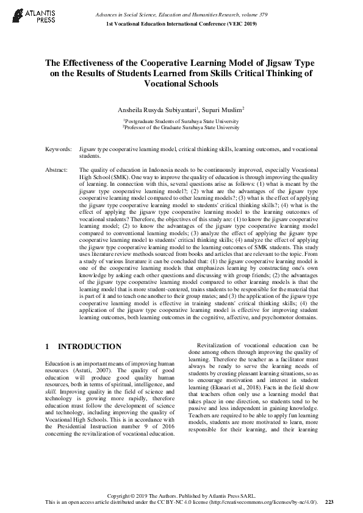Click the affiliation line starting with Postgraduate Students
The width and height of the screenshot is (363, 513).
[x=181, y=121]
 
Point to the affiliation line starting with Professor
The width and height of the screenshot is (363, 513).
[x=181, y=127]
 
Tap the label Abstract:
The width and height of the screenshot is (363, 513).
[x=57, y=171]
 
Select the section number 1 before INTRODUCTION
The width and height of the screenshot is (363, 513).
[x=48, y=347]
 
